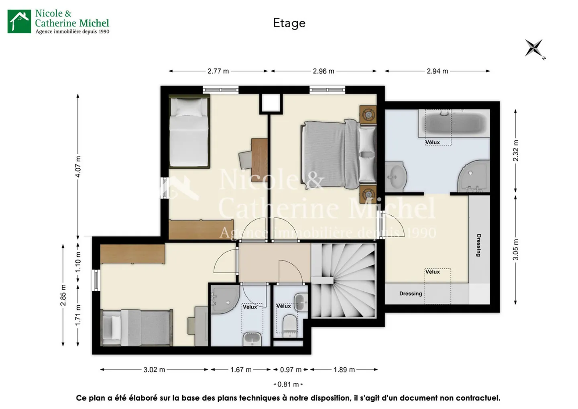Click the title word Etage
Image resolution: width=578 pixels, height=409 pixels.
click(289, 23)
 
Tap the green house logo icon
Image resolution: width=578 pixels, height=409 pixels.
click(19, 21)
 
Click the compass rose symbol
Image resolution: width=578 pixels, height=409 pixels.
click(534, 48)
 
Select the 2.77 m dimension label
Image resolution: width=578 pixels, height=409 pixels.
click(218, 71)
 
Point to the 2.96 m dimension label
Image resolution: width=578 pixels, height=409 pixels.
click(324, 71)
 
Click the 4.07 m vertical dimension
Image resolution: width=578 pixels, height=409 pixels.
click(78, 166)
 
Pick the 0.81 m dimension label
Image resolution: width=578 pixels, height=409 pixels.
click(288, 384)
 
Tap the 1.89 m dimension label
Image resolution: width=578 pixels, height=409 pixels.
click(344, 370)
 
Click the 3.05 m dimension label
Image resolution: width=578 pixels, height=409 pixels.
click(515, 249)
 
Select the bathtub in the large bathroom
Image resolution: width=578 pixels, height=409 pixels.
click(454, 123)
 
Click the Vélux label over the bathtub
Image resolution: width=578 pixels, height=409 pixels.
click(432, 142)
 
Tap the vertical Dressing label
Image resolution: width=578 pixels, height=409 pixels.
click(478, 245)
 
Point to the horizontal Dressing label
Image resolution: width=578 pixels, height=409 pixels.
click(411, 294)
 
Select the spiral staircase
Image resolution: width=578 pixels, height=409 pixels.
click(344, 281)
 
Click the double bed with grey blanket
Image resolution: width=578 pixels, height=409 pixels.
click(338, 154)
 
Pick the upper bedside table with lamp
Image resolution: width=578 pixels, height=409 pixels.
click(368, 114)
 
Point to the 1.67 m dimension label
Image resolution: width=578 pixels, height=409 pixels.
click(241, 370)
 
